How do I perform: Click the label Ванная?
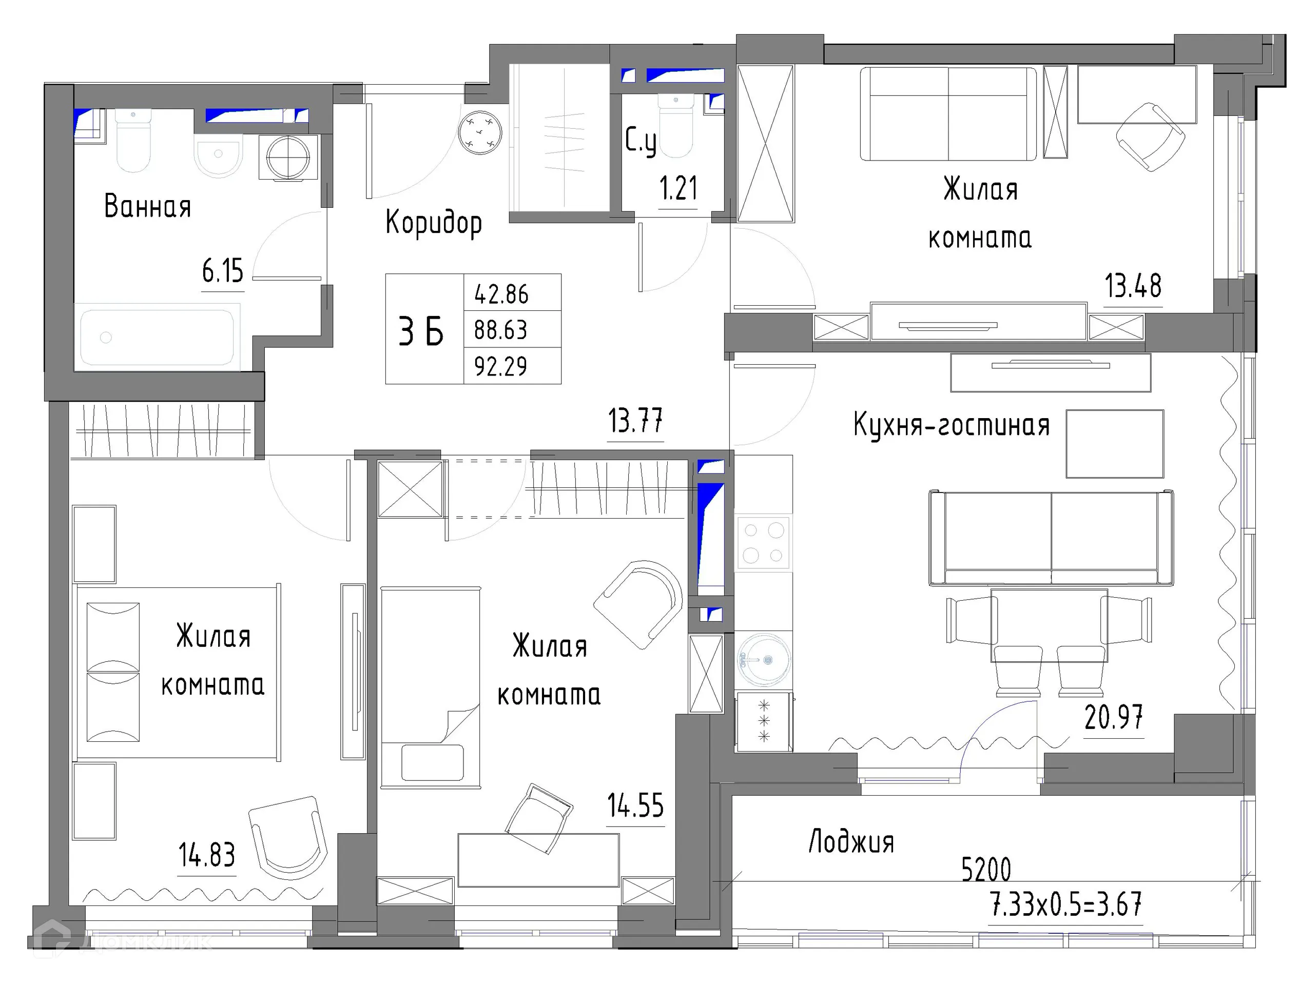pyautogui.click(x=147, y=207)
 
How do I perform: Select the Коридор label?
pyautogui.click(x=433, y=223)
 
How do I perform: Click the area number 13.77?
pyautogui.click(x=635, y=421)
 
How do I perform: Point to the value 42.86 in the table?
pyautogui.click(x=501, y=294)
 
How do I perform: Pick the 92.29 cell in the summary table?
pyautogui.click(x=500, y=367)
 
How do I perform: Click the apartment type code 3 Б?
pyautogui.click(x=421, y=331)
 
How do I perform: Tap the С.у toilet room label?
pyautogui.click(x=640, y=141)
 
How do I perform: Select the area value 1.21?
pyautogui.click(x=678, y=189)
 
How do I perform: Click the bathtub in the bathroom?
pyautogui.click(x=157, y=338)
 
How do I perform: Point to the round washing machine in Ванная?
pyautogui.click(x=288, y=157)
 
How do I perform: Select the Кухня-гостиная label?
pyautogui.click(x=952, y=425)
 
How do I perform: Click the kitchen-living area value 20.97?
pyautogui.click(x=1113, y=717)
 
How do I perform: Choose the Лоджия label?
pyautogui.click(x=851, y=842)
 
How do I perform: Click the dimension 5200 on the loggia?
pyautogui.click(x=986, y=870)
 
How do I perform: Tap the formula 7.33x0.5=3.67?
pyautogui.click(x=1066, y=904)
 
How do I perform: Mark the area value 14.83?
pyautogui.click(x=207, y=855)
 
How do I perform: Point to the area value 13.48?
pyautogui.click(x=1133, y=286)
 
